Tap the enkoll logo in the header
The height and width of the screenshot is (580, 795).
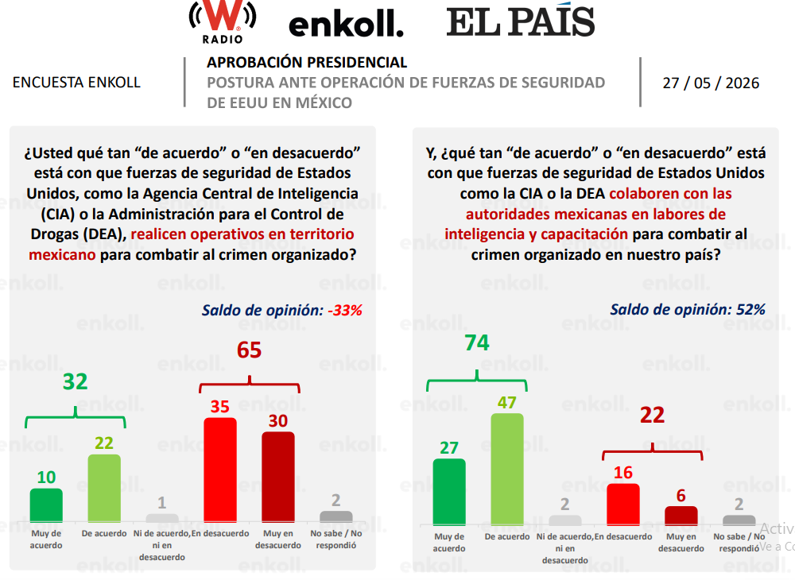(x=346, y=25)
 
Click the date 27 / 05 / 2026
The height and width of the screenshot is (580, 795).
(x=711, y=83)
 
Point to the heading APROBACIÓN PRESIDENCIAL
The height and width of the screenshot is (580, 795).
(x=307, y=62)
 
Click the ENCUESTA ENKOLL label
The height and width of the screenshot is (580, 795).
(x=76, y=83)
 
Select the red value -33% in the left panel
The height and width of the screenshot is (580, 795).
(x=345, y=310)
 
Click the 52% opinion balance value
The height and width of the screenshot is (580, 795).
(x=751, y=310)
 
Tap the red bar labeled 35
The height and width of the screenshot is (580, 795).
(x=220, y=470)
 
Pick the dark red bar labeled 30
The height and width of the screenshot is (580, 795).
(x=277, y=477)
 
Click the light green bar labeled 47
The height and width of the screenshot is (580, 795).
(x=507, y=469)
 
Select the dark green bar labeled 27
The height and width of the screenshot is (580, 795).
(x=449, y=492)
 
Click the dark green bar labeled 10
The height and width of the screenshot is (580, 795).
(x=46, y=505)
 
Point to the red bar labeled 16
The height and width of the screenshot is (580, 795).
(x=623, y=505)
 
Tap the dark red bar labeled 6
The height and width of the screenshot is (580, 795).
(x=681, y=516)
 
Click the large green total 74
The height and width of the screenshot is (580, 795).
(x=477, y=343)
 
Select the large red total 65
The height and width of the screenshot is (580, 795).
(x=249, y=350)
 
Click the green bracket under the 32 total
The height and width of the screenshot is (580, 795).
(x=76, y=416)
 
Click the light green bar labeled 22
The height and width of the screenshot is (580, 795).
(x=104, y=488)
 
